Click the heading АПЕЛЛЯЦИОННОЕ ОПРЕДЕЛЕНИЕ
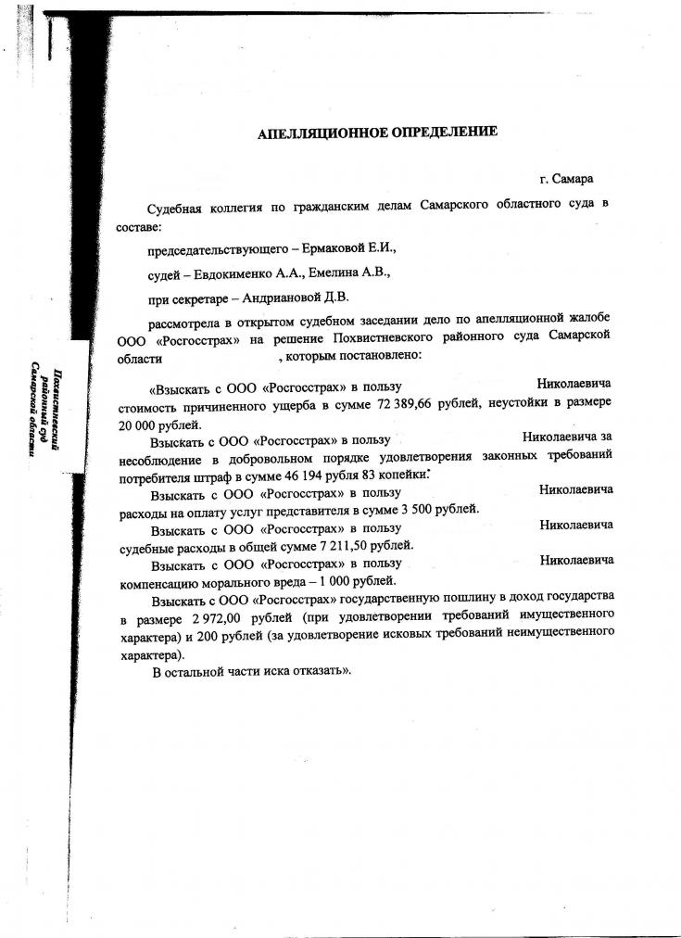point(377,132)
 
